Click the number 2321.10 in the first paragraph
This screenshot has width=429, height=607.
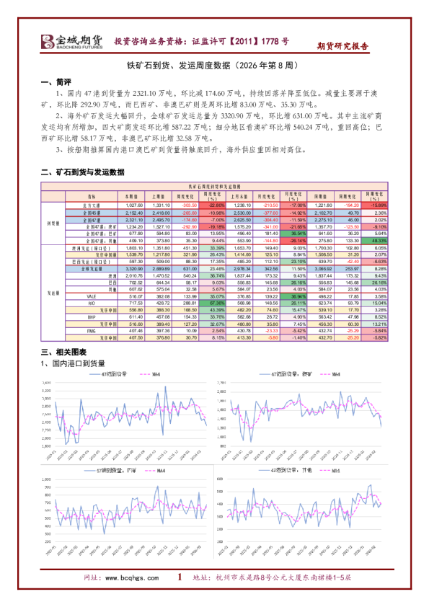tap(133, 94)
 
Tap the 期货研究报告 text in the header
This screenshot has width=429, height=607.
tap(342, 45)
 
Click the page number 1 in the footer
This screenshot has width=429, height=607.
tap(180, 577)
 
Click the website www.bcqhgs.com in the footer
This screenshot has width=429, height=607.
tap(134, 578)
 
